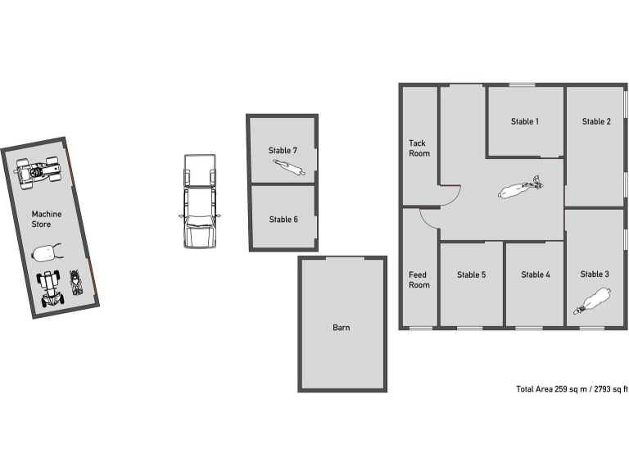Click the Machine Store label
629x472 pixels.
[x=47, y=219]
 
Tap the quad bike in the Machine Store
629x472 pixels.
[x=39, y=171]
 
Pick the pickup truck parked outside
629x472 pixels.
[x=199, y=201]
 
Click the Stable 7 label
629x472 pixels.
[x=283, y=150]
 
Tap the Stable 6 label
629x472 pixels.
[x=283, y=219]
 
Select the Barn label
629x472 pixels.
[x=342, y=328]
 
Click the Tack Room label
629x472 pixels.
[x=419, y=148]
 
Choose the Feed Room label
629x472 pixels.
[x=419, y=280]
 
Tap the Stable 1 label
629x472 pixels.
[x=525, y=121]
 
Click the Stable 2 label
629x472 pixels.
[x=596, y=121]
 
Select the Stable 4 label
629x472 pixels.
[x=536, y=275]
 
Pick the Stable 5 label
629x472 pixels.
[x=471, y=275]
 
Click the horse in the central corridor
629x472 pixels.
[x=519, y=189]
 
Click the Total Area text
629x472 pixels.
[x=572, y=388]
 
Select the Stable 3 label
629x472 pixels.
[x=595, y=274]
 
